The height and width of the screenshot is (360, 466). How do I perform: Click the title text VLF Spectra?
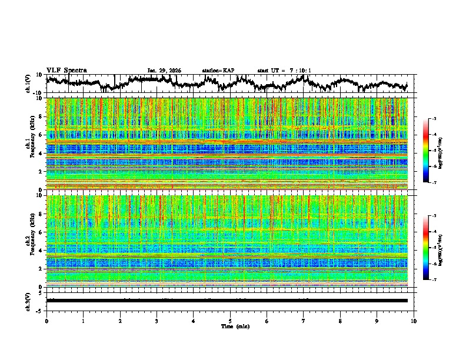[x=66, y=70]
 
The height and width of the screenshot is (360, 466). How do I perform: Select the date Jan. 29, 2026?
[x=164, y=71]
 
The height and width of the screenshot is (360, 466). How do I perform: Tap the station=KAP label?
[x=218, y=71]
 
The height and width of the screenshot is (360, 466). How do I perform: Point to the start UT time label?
[x=284, y=71]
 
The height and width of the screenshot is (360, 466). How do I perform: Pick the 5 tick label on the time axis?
[x=230, y=321]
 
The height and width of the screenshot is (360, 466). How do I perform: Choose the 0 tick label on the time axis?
[x=46, y=321]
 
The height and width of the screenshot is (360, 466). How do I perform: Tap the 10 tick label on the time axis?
[x=414, y=321]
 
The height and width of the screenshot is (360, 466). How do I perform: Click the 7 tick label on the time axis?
[x=304, y=321]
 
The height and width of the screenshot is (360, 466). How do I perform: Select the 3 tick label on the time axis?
[x=157, y=321]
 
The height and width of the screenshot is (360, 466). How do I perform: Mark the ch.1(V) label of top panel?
[x=28, y=84]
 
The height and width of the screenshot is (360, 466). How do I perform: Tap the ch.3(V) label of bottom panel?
[x=28, y=300]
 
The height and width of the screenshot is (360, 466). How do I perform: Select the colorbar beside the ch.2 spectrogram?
[x=426, y=248]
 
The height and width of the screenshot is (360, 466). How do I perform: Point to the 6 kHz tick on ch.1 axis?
[x=41, y=135]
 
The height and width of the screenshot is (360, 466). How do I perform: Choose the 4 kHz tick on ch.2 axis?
[x=41, y=250]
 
